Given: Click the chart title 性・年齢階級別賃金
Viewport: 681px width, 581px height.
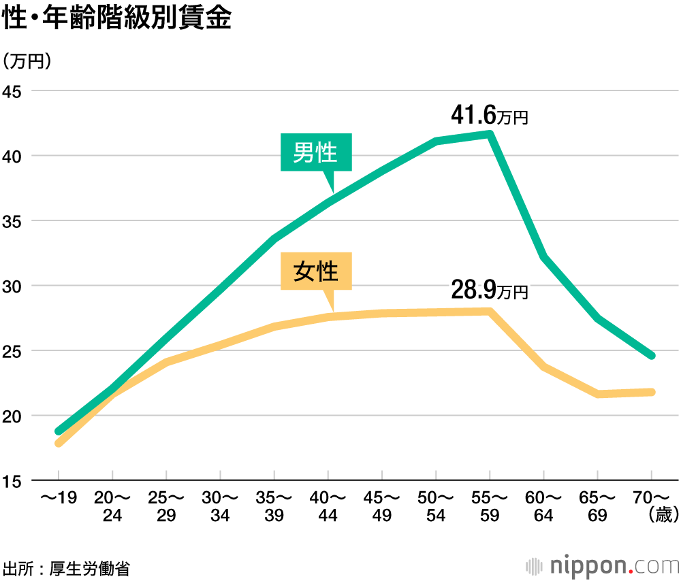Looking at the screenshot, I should tap(117, 18).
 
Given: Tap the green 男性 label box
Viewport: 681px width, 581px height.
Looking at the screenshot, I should tap(316, 152).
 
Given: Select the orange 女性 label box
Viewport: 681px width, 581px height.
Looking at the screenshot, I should tap(316, 271).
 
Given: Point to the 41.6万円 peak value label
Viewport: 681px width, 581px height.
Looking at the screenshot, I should tap(489, 116).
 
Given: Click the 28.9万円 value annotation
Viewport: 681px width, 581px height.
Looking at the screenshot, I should tap(489, 290).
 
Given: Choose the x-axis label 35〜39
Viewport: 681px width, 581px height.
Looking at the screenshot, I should tap(274, 506).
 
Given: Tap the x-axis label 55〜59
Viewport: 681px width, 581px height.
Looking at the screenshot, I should tap(490, 506).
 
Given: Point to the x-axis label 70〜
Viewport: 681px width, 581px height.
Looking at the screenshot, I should tap(651, 497).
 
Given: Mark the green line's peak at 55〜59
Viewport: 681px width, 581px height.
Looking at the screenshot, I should tap(490, 133).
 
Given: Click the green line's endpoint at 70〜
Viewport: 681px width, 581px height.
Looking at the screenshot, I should tap(651, 356).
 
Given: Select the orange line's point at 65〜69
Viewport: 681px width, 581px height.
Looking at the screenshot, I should tap(598, 394).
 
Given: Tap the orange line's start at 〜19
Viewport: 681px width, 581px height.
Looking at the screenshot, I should tap(59, 443).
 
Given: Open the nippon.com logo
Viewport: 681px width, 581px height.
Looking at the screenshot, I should tap(603, 565).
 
